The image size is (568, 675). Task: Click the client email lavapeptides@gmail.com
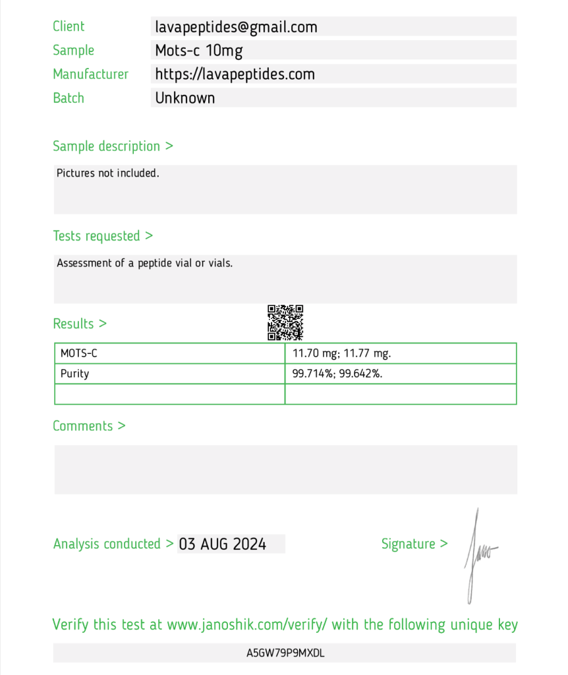click(x=236, y=27)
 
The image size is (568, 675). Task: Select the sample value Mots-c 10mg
click(x=199, y=51)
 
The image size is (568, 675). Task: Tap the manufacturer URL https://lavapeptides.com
click(x=235, y=74)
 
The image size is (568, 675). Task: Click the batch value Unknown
click(x=185, y=98)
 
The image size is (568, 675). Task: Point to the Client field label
click(x=69, y=26)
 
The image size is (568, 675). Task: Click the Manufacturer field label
click(x=90, y=74)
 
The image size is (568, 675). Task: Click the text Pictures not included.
click(x=108, y=173)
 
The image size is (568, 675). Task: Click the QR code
click(x=285, y=322)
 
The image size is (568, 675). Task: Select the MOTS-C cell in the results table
click(x=79, y=353)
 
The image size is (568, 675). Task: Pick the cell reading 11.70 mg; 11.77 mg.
click(x=341, y=353)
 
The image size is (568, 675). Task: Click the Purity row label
click(x=74, y=374)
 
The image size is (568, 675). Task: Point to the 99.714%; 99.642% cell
click(x=337, y=374)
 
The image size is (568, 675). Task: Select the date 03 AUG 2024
click(x=223, y=544)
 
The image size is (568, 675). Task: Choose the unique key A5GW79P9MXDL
click(x=285, y=653)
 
